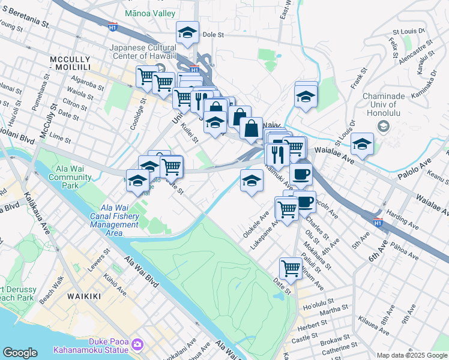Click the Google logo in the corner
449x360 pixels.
20,352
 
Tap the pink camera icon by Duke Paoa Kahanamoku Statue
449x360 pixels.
138,344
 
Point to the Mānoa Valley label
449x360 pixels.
151,13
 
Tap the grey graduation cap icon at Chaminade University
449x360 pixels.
382,127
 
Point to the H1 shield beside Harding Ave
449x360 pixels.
378,222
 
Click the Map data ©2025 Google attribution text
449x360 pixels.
411,355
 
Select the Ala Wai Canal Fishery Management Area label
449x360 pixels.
115,220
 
